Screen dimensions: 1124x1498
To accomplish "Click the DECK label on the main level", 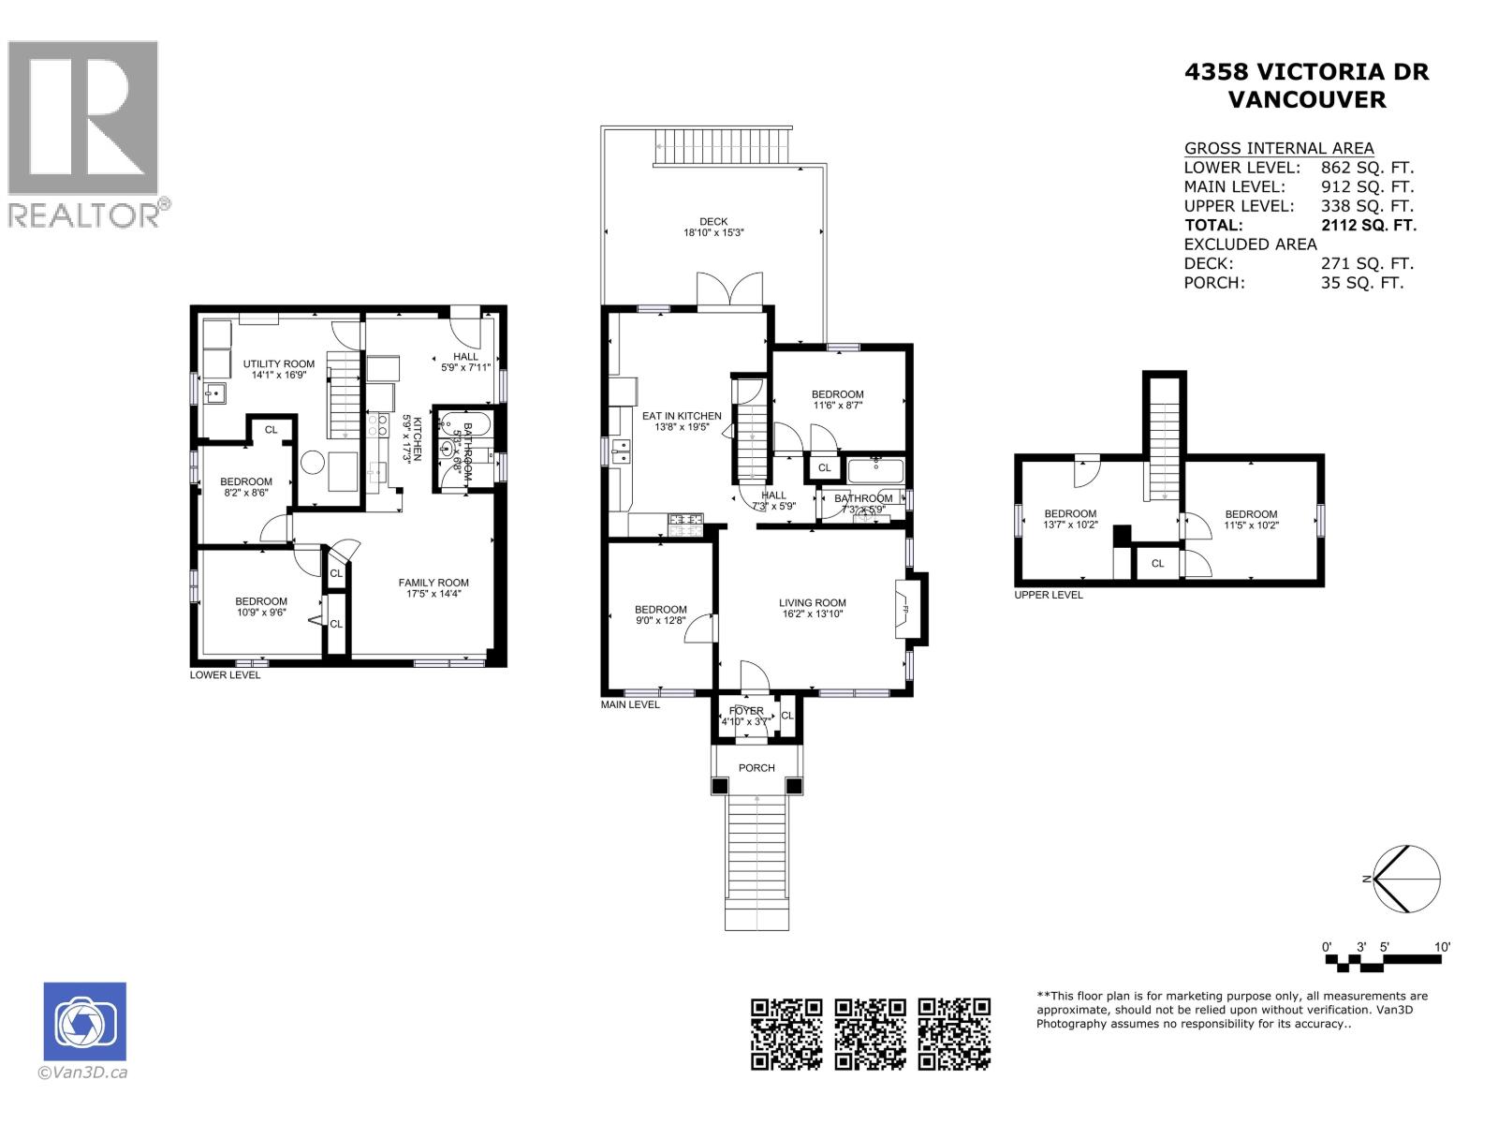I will point(713,222).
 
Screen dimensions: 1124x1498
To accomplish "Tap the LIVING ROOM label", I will point(813,603).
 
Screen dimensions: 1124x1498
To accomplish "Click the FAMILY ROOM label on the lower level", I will point(433,583).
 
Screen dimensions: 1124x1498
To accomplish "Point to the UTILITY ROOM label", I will point(279,364).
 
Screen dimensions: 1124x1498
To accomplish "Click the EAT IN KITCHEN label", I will point(682,416).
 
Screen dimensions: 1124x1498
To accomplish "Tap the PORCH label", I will point(756,768).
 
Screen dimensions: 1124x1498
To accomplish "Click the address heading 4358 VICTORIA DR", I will point(1306,72).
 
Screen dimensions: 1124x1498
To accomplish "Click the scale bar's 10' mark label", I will point(1442,947).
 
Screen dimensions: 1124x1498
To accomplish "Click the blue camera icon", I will point(84,1022).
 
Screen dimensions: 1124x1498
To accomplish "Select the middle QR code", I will point(871,1033).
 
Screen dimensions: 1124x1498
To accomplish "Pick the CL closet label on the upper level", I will point(1158,564).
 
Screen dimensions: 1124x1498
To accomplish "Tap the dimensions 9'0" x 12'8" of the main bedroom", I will point(660,620).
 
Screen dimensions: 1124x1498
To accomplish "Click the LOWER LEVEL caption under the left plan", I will point(225,674).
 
